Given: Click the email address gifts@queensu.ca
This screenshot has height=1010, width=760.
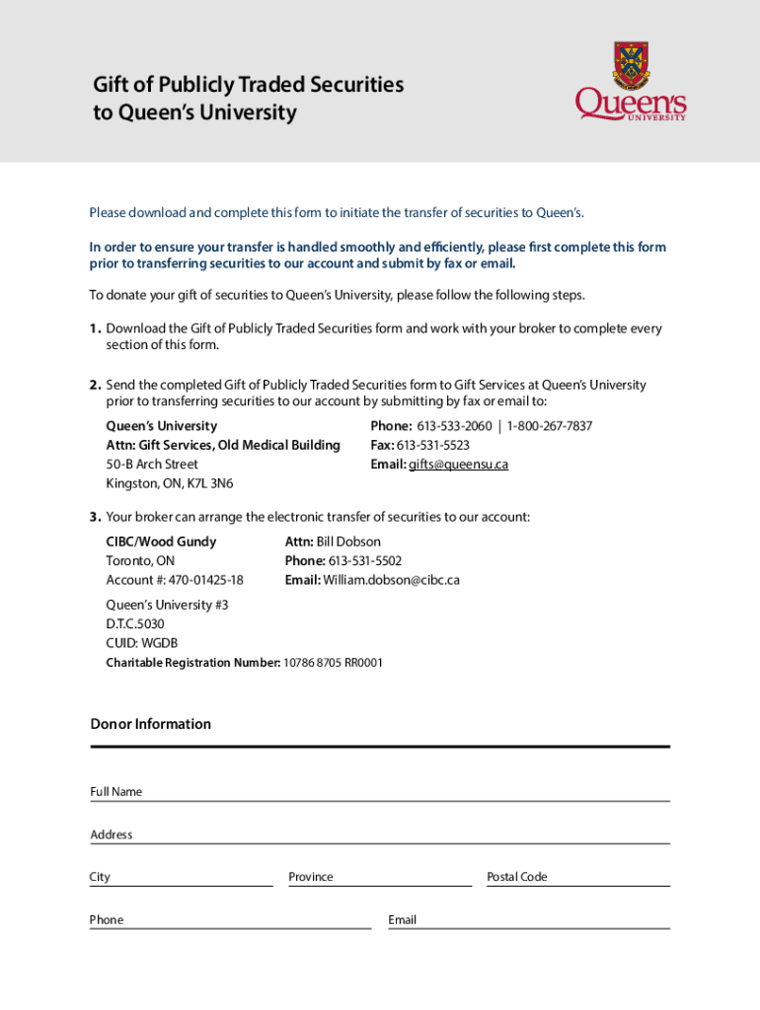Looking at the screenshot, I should (458, 465).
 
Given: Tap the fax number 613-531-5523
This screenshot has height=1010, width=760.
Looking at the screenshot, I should (432, 446).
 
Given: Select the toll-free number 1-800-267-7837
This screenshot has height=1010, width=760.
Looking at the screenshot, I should (550, 426).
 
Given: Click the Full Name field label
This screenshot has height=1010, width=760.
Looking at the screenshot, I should (116, 792).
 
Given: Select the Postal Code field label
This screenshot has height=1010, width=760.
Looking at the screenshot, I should (516, 877).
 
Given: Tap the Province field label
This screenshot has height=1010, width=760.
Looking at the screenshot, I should (311, 877).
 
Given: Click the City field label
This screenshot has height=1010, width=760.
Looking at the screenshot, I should (100, 877).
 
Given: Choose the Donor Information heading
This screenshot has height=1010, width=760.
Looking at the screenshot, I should (151, 724).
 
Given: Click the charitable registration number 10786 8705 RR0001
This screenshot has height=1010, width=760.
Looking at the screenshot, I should (333, 663).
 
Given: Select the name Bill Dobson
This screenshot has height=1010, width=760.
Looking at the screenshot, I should (348, 541).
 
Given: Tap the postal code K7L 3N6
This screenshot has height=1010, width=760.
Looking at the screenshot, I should (208, 483).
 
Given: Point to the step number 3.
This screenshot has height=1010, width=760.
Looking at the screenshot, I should (95, 517).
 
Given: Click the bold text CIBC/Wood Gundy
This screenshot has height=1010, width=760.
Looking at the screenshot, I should (161, 541).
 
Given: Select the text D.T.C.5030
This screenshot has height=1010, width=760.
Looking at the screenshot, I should (135, 624).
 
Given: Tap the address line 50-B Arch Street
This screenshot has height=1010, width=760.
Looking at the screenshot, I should (152, 465).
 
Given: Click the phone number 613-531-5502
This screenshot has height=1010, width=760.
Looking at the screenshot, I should (357, 561).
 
